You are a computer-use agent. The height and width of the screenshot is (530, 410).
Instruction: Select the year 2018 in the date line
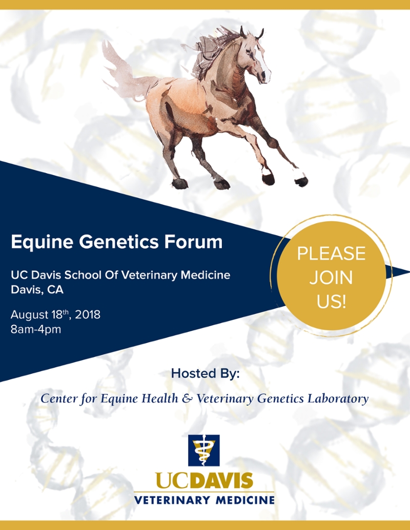tap(88, 315)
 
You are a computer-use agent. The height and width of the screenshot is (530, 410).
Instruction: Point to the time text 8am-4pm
tap(36, 329)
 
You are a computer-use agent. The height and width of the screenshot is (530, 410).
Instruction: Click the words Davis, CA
tap(37, 290)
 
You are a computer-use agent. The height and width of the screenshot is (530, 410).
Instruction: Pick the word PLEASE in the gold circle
tap(331, 253)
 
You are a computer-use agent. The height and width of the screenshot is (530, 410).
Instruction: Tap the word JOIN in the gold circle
tap(331, 278)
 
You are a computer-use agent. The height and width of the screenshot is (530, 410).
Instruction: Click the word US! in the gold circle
tap(331, 302)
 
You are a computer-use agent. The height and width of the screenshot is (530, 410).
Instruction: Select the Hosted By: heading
tap(205, 373)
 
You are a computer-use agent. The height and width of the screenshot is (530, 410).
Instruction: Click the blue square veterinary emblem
tap(204, 450)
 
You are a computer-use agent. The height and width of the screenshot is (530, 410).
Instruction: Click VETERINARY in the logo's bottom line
tap(173, 500)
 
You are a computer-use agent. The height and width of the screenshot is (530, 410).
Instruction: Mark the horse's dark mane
tap(214, 51)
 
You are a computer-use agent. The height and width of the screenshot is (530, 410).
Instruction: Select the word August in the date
tap(30, 315)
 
